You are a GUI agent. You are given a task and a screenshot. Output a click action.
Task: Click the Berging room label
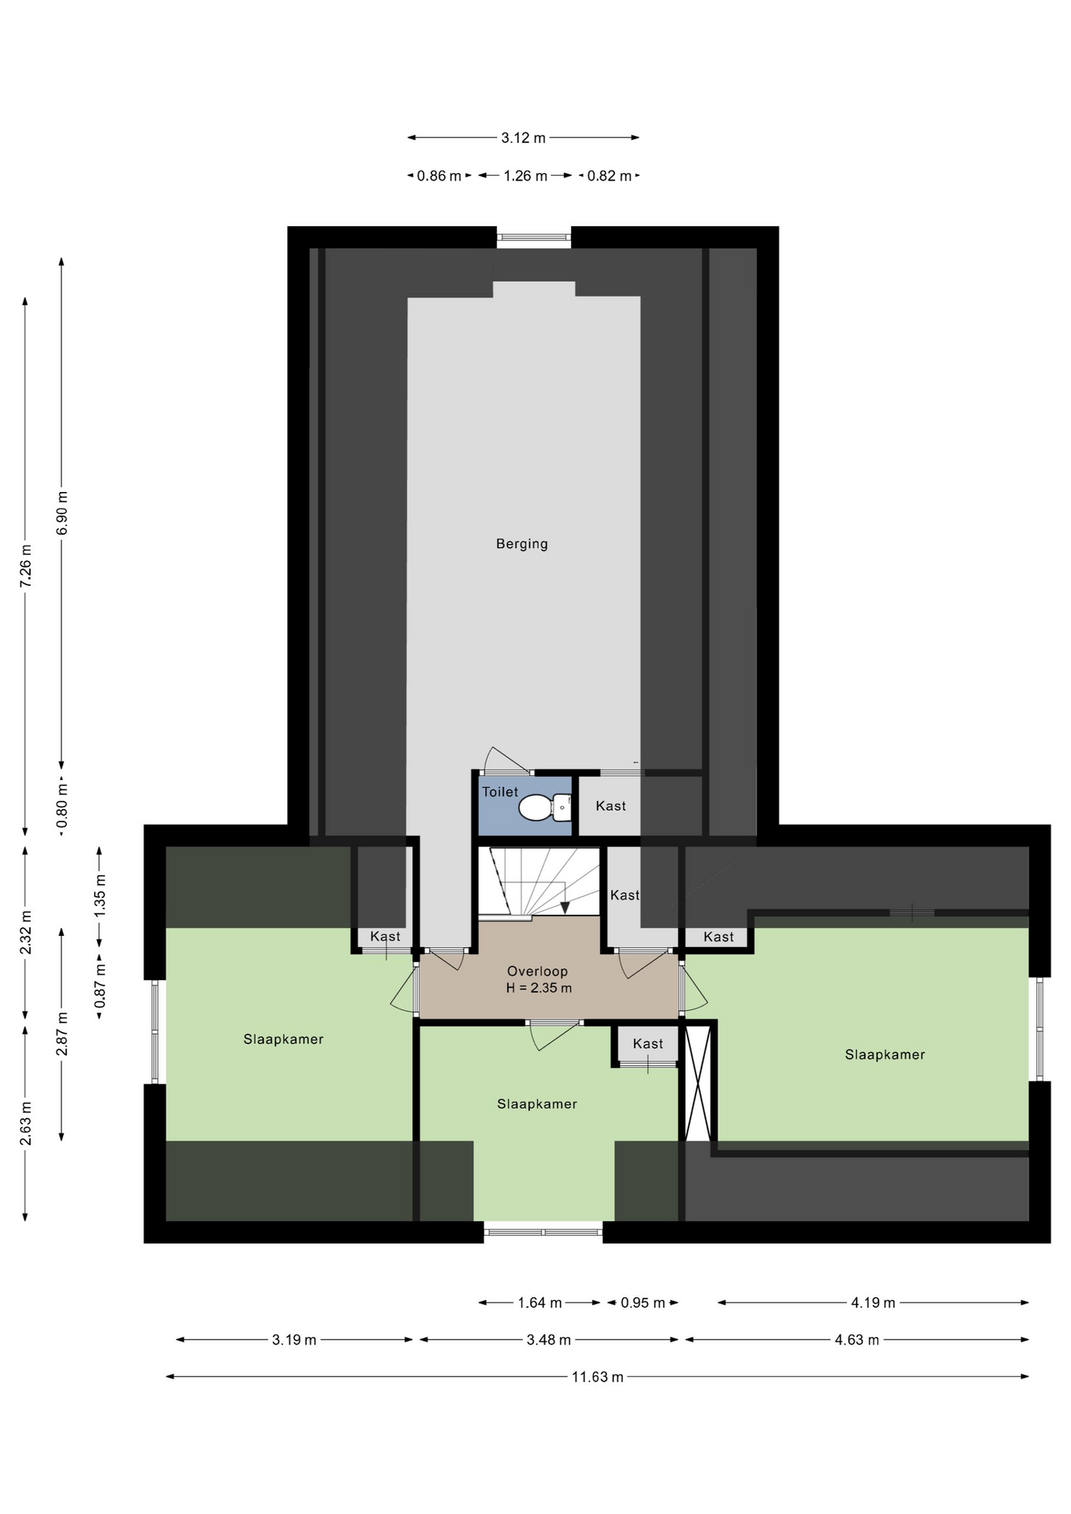(521, 543)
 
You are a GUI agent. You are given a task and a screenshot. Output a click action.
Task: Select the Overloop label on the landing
(537, 971)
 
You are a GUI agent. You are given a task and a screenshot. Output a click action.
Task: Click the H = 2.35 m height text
(539, 988)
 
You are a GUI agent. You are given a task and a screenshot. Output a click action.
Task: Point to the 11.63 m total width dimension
(597, 1377)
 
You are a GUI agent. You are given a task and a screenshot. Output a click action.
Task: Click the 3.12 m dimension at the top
(523, 138)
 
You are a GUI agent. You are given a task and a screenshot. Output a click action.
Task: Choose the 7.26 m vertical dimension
(26, 565)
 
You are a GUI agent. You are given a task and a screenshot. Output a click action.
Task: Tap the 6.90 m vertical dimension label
(62, 513)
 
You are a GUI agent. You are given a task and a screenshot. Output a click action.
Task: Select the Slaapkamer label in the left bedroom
(283, 1039)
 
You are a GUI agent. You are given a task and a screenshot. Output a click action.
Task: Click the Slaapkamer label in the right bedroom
(885, 1054)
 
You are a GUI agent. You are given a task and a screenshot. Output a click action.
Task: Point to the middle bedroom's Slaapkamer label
(537, 1104)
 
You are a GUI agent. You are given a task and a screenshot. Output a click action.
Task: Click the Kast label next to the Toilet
(610, 806)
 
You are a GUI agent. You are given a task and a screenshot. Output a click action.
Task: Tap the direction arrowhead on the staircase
(565, 908)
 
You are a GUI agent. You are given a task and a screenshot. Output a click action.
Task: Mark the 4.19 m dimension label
(873, 1303)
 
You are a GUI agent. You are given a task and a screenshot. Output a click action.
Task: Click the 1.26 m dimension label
(525, 176)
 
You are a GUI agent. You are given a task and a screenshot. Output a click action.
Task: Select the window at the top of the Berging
(534, 236)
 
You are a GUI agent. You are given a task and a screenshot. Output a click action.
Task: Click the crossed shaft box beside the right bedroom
(698, 1083)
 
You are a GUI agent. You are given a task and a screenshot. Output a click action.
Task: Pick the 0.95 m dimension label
(643, 1303)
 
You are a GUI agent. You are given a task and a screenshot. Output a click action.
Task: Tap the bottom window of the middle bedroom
(543, 1232)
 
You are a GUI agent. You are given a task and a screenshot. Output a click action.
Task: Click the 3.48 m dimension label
(549, 1340)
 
